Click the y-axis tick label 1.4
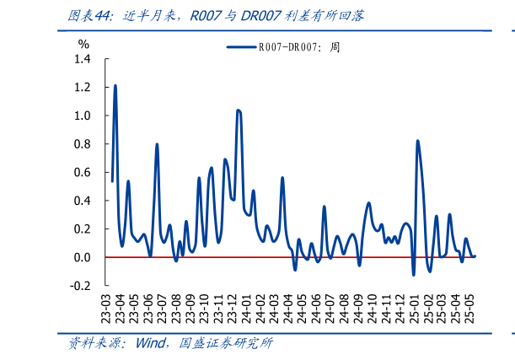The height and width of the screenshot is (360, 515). point(82,59)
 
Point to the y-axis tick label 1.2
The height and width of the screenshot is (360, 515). point(82,88)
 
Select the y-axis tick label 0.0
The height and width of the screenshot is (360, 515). point(82,257)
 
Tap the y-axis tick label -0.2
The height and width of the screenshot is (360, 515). point(80,286)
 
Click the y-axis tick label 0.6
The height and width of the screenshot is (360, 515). point(82,172)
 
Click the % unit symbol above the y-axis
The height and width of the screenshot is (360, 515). point(83,42)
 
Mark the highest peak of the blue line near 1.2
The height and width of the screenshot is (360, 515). point(115,86)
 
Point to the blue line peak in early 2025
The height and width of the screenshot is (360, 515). point(417,141)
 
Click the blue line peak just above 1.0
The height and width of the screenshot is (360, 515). point(239,110)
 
